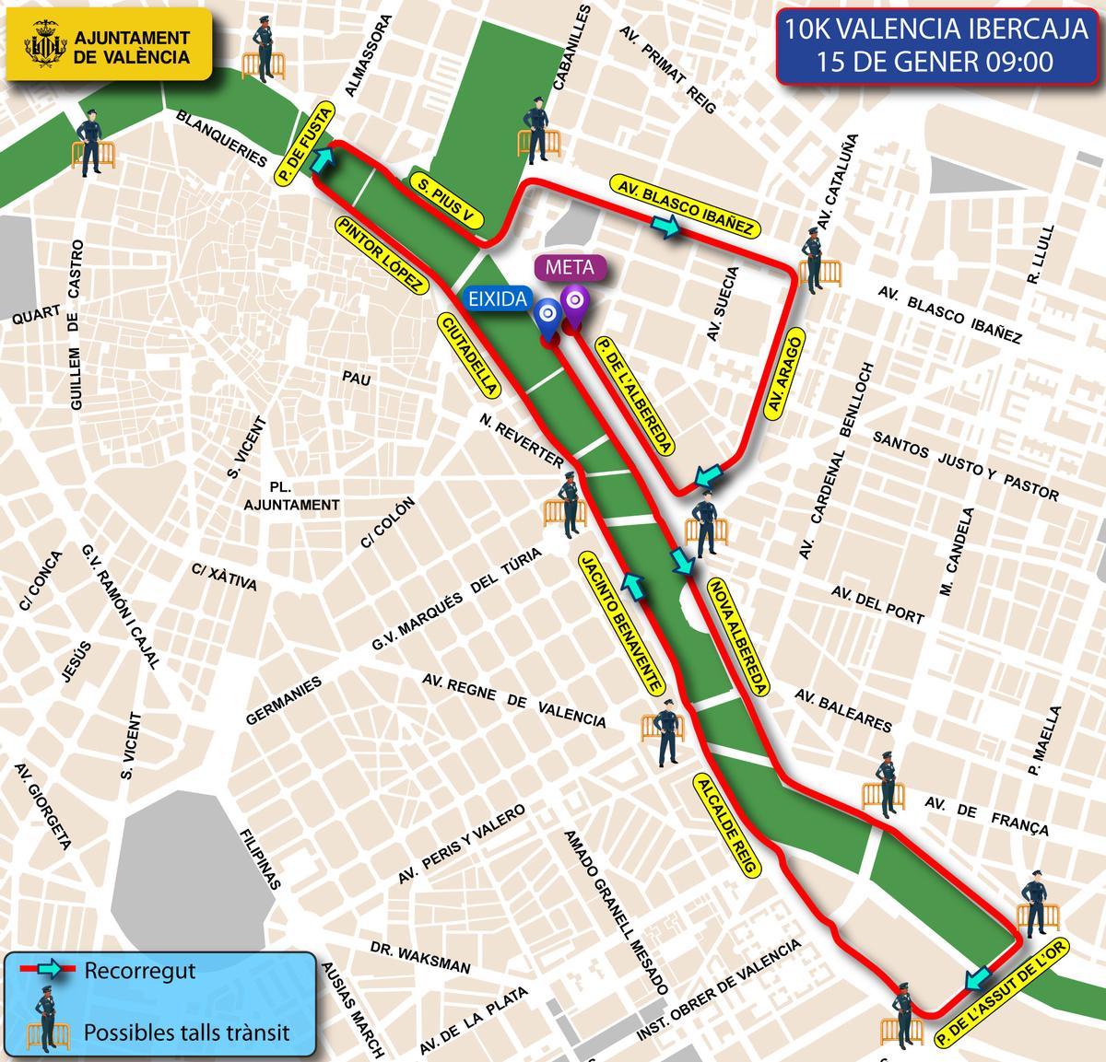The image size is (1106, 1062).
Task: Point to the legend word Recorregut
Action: (140, 970)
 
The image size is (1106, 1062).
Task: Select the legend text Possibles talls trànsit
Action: (187, 1031)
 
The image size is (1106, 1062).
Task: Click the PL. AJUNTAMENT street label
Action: (291, 496)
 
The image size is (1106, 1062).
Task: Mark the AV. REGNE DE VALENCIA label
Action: (513, 700)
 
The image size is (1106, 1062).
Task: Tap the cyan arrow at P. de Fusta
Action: (322, 162)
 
